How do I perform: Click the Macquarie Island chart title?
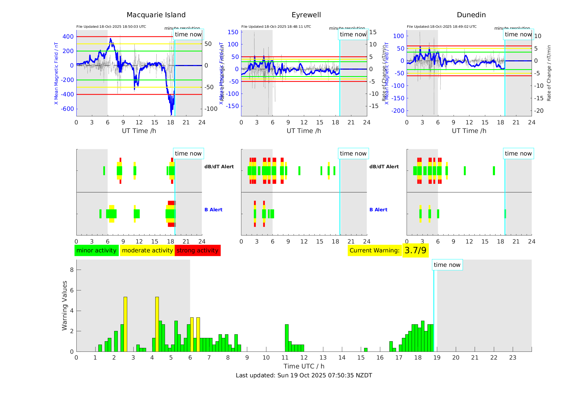(156, 15)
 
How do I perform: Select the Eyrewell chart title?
(306, 15)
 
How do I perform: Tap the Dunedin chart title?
(471, 15)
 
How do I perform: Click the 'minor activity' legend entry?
(96, 250)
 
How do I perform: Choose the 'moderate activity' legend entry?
(147, 250)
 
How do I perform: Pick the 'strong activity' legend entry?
(197, 250)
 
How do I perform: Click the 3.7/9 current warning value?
(415, 250)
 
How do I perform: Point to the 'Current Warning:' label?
(374, 250)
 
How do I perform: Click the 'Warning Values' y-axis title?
(64, 305)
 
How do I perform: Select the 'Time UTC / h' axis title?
(304, 366)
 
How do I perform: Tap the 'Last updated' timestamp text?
(304, 375)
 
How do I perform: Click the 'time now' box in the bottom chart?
(447, 265)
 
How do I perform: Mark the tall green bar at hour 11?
(287, 338)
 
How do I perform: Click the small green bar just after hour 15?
(366, 350)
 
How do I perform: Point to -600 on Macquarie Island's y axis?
(67, 109)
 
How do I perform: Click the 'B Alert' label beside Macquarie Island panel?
(213, 210)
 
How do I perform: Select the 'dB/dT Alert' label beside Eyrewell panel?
(384, 167)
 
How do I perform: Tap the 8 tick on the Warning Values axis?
(72, 270)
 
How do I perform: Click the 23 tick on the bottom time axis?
(512, 358)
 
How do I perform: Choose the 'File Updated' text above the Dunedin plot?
(442, 27)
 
